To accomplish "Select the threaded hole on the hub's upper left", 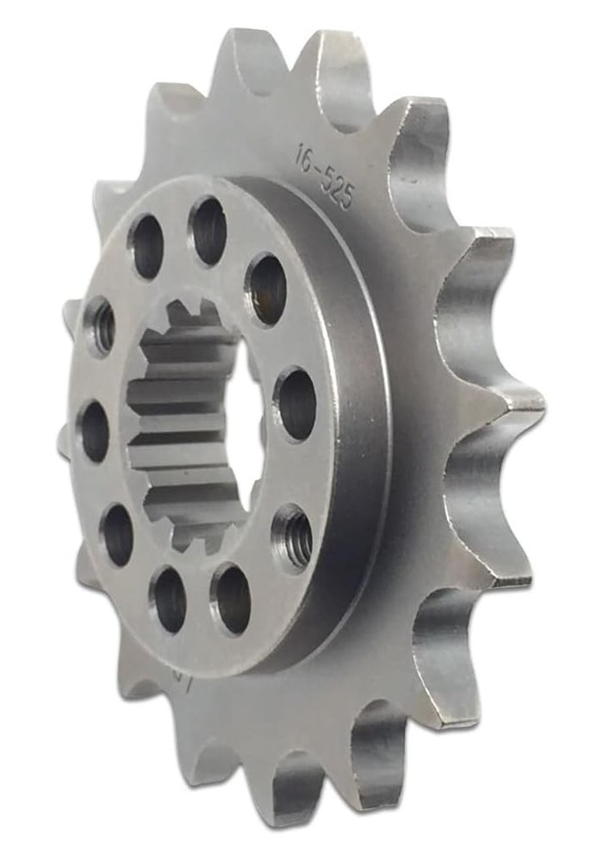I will coord(100,325).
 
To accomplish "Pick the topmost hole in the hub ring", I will coord(208,231).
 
